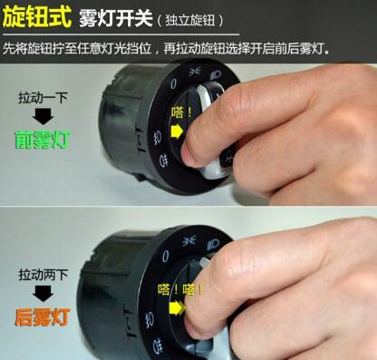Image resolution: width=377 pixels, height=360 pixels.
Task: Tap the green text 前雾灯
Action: [x=43, y=140]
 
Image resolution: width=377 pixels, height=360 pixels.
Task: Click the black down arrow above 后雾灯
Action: [x=43, y=294]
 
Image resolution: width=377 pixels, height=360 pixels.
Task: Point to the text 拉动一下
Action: [x=43, y=96]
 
